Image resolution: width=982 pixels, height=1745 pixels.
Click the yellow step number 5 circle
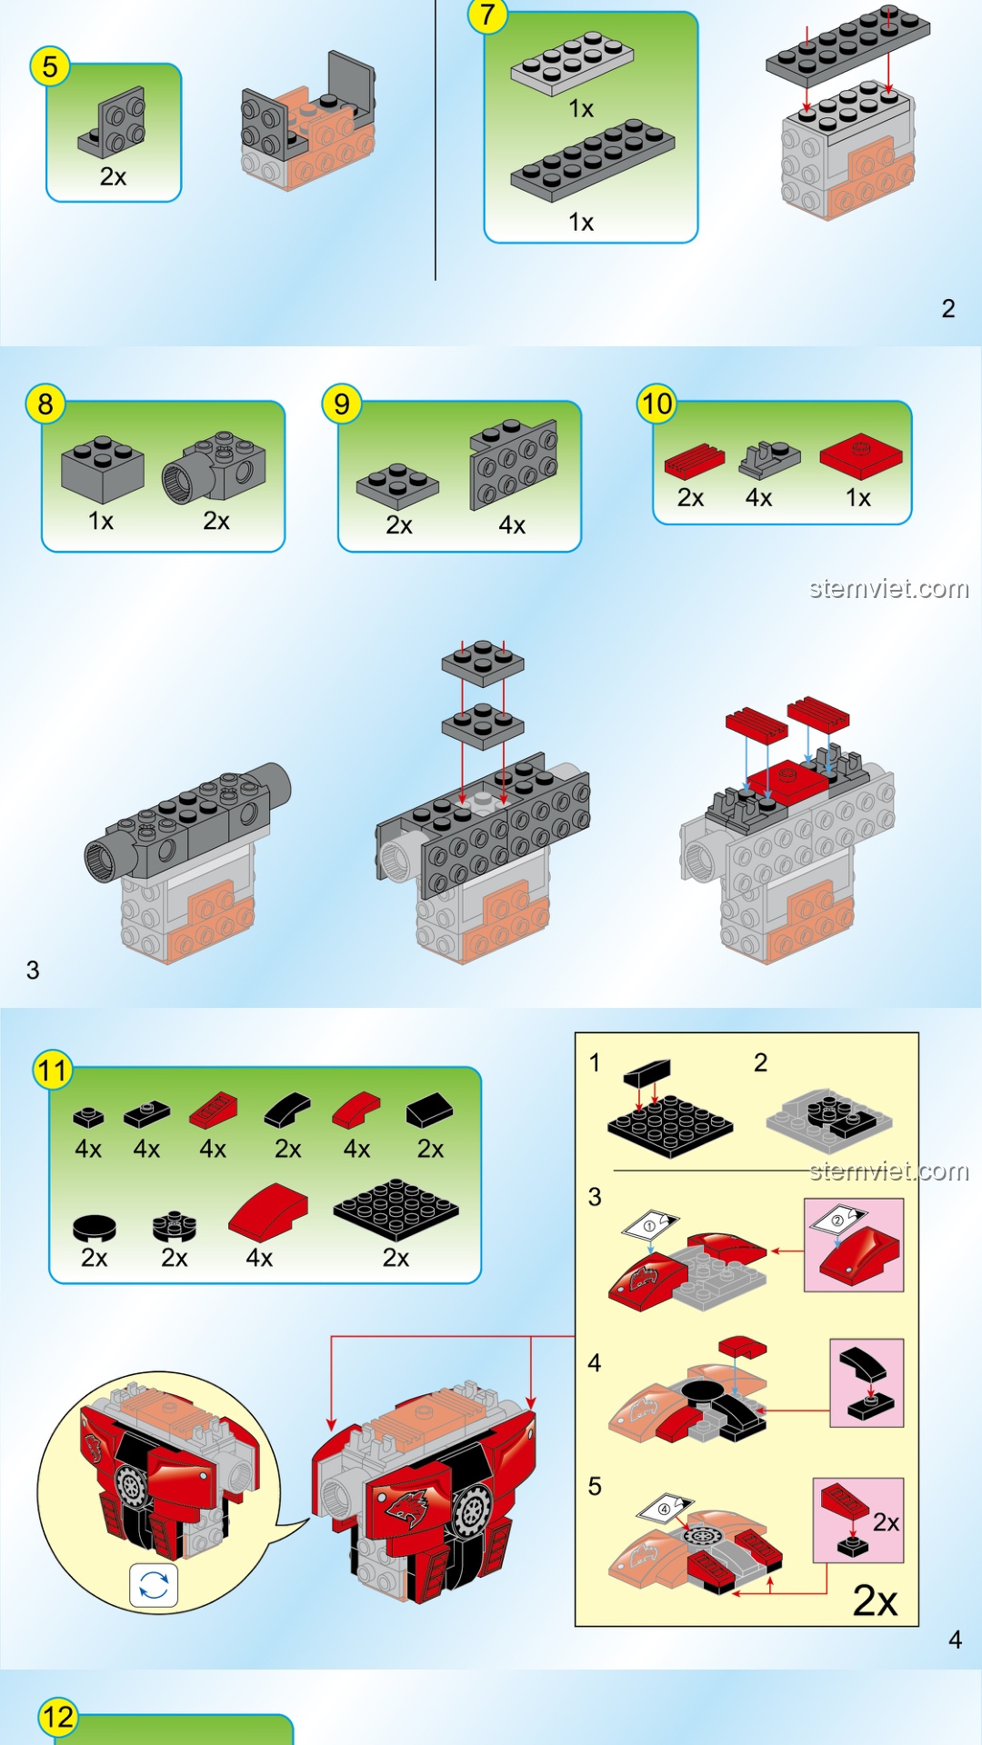[x=50, y=66]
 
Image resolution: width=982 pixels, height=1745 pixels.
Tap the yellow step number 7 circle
[x=488, y=15]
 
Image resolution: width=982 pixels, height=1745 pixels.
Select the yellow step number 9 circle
[x=342, y=404]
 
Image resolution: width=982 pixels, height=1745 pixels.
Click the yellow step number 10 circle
[x=657, y=404]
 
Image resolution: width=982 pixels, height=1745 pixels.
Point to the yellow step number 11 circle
[x=53, y=1071]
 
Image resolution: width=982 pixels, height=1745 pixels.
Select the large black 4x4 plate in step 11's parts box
[x=396, y=1210]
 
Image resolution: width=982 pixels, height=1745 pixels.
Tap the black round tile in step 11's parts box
[x=95, y=1228]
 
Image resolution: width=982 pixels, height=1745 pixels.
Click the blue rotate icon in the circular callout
[x=154, y=1585]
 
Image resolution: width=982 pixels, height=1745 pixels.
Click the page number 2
[x=948, y=309]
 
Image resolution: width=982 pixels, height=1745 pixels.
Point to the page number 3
[x=33, y=970]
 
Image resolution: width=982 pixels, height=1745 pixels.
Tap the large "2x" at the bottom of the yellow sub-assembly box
[x=875, y=1600]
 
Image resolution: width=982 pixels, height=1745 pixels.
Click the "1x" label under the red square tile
[x=858, y=498]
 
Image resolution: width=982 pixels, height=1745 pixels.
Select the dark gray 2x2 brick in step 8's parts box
[x=102, y=469]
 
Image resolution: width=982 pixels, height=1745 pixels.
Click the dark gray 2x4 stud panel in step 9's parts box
[x=514, y=464]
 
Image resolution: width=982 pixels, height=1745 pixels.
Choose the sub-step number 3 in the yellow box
[x=595, y=1197]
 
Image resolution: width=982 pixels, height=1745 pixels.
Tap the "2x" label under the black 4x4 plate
[x=396, y=1258]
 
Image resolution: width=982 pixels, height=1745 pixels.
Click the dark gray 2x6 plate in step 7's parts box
[x=593, y=160]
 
